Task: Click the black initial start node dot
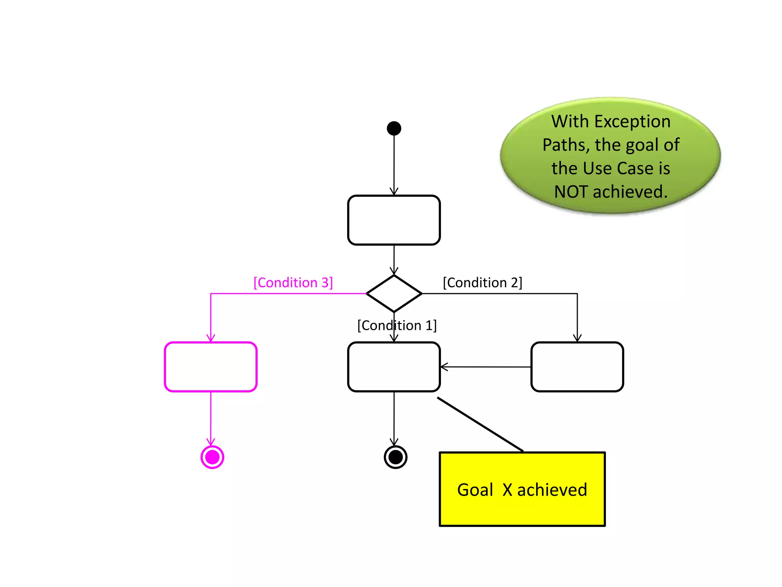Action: click(x=394, y=128)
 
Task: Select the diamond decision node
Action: click(x=394, y=293)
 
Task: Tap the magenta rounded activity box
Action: click(x=210, y=367)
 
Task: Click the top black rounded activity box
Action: click(x=394, y=220)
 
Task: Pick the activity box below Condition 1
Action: click(x=394, y=367)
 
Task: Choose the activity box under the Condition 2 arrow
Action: click(x=577, y=367)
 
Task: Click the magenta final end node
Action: click(x=212, y=457)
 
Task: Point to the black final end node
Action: click(x=396, y=457)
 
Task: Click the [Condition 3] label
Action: click(x=293, y=283)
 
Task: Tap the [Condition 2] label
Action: click(x=482, y=283)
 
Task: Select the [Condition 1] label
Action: click(x=397, y=326)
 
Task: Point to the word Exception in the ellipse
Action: click(x=632, y=122)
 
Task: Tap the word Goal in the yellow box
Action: click(x=475, y=490)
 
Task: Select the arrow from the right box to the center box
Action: click(x=485, y=367)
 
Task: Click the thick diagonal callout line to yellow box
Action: click(x=480, y=424)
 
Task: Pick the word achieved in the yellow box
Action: click(x=552, y=490)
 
